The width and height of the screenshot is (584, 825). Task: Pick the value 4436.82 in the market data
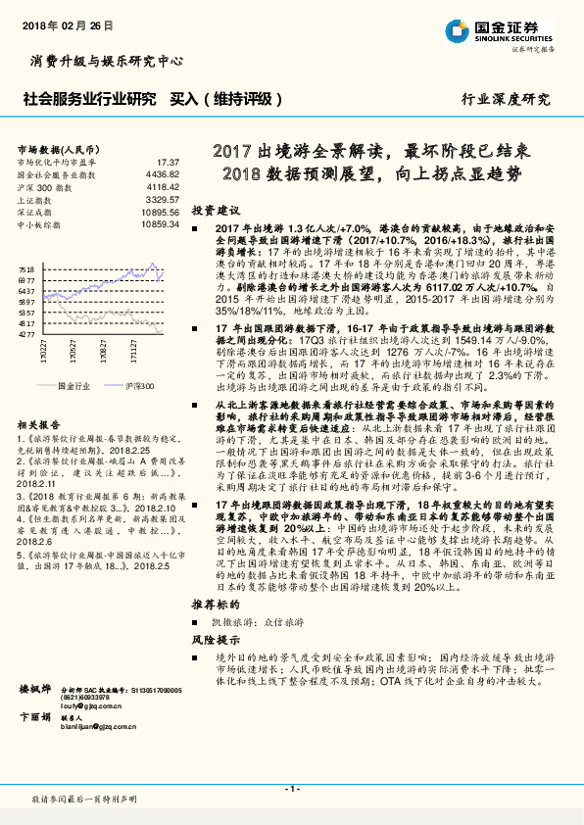pos(162,173)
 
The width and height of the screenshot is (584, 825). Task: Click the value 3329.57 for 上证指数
pos(162,199)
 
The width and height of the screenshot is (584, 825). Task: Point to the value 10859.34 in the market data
pos(160,224)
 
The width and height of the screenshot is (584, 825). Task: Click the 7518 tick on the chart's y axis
pos(26,268)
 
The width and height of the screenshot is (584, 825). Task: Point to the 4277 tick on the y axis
pos(26,334)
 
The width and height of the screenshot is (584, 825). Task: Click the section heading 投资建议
pos(216,211)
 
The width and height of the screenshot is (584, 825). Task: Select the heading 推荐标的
pos(216,632)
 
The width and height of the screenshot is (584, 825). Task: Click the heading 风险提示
pos(216,665)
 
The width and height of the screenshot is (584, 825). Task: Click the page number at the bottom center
pos(291,789)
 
